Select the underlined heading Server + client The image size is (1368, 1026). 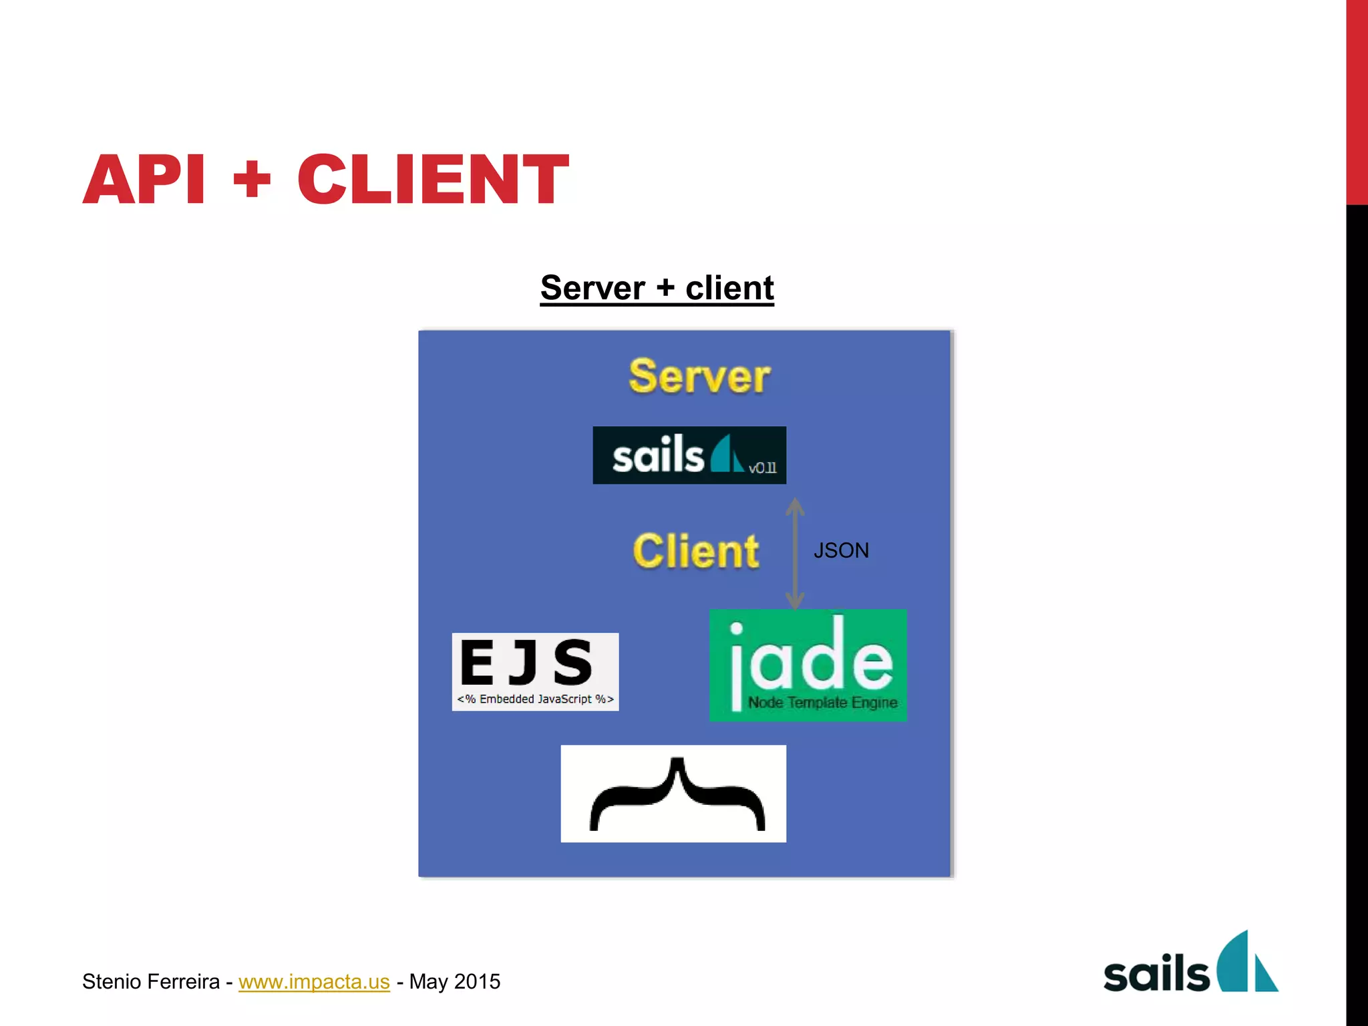point(657,288)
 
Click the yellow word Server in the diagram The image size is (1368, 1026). point(699,377)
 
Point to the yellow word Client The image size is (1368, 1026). point(695,551)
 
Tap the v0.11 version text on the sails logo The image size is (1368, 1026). point(762,468)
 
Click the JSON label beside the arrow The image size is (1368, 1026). point(841,550)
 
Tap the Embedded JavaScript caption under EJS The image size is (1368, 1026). point(535,699)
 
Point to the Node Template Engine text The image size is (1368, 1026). point(822,703)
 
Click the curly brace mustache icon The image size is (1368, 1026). point(673,794)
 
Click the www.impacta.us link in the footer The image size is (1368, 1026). point(314,981)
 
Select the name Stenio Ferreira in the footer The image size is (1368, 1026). point(151,981)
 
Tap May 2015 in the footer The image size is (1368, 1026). point(454,981)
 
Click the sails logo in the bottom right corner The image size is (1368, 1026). point(1190,964)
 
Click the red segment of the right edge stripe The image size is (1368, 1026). point(1357,100)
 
